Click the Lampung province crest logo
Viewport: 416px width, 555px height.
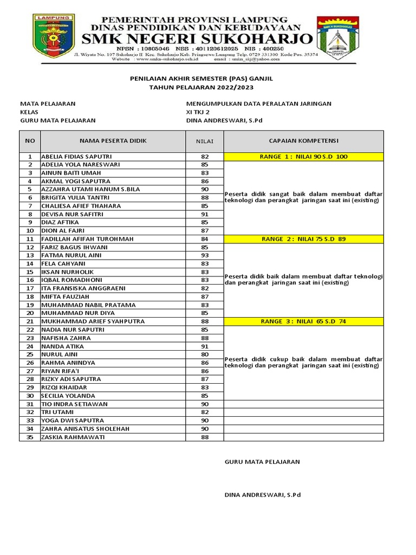(x=54, y=35)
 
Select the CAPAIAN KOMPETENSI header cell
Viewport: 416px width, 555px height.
(x=303, y=141)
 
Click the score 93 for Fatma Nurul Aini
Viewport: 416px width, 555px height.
(x=205, y=255)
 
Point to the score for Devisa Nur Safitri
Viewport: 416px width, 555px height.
(x=205, y=214)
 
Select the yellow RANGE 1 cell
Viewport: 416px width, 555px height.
(x=303, y=157)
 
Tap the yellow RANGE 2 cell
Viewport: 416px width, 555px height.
(x=303, y=239)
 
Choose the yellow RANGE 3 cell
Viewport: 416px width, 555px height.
(x=303, y=321)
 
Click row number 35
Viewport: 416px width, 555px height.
(x=30, y=437)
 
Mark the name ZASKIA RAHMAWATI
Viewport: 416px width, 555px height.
(x=73, y=437)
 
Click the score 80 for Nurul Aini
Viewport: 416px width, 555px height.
(x=205, y=354)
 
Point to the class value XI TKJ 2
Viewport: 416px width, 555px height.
(x=198, y=112)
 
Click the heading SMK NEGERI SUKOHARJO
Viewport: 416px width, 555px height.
(x=196, y=39)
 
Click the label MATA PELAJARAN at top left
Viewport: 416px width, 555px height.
(x=48, y=104)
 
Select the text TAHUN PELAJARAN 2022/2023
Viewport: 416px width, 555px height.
(x=201, y=87)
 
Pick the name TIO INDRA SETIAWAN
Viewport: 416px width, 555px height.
(x=74, y=404)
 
